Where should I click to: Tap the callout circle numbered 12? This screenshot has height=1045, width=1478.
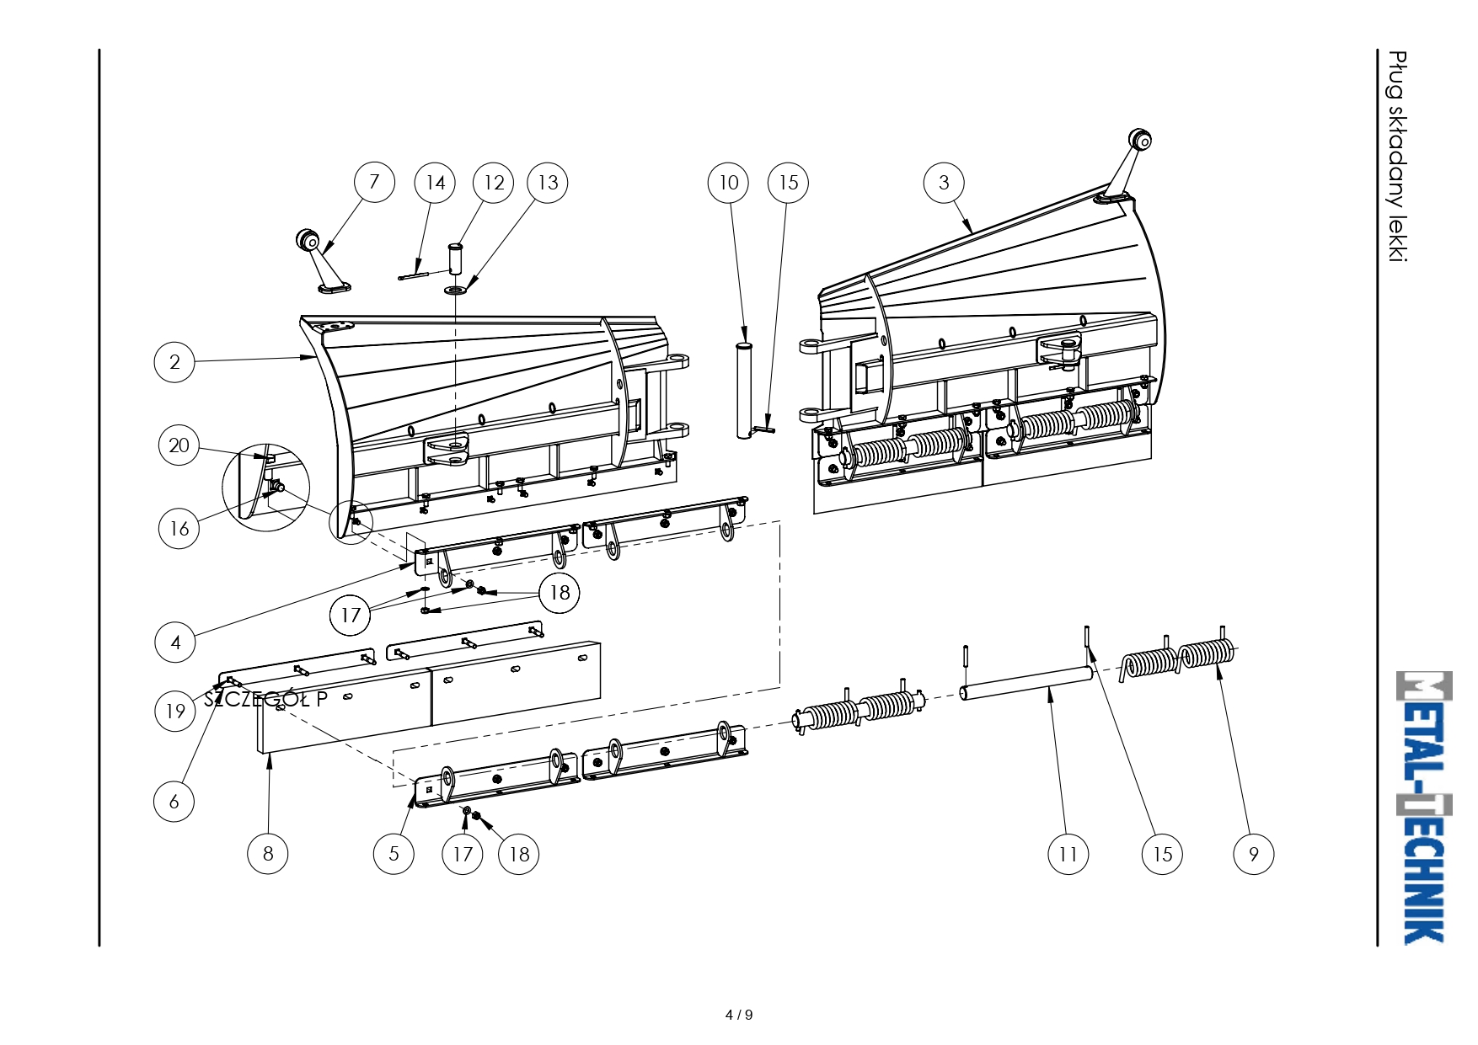point(494,183)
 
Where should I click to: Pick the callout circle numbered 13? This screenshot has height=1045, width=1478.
point(548,183)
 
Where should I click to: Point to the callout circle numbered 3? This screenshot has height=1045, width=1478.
point(944,183)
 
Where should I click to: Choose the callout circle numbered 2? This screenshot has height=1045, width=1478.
point(174,362)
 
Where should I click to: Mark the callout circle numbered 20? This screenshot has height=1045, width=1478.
point(179,445)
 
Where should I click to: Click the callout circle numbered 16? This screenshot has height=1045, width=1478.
point(179,528)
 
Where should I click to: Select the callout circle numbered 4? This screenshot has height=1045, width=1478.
point(175,642)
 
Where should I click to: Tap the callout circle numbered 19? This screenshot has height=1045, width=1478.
point(175,712)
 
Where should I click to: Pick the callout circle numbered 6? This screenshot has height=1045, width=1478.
point(174,801)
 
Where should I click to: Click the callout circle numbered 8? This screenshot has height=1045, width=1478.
point(268,854)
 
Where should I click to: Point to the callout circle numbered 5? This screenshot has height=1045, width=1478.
point(394,854)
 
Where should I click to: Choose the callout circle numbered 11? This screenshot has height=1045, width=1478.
point(1068,854)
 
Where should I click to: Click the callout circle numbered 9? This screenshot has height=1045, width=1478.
point(1254,854)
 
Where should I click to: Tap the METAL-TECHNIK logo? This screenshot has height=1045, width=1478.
point(1424,808)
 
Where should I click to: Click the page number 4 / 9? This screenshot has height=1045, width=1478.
point(739,1015)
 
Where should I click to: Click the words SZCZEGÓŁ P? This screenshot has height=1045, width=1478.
point(265,698)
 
